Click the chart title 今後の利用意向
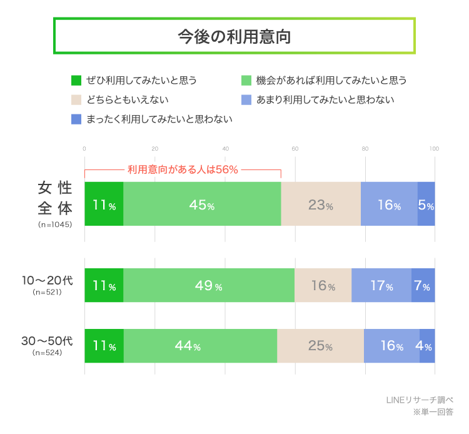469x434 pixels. (234, 36)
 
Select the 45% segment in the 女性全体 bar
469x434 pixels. (202, 204)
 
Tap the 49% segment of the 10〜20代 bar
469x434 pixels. (209, 286)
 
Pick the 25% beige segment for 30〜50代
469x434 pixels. (320, 346)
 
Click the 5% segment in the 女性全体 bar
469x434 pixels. (426, 204)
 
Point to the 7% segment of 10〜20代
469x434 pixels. (423, 286)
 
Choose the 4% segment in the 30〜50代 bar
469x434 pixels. (427, 346)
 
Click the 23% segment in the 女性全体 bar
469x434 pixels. (321, 204)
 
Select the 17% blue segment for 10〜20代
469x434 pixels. (381, 286)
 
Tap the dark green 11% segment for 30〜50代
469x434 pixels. (104, 346)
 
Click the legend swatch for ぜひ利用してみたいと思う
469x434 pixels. (76, 80)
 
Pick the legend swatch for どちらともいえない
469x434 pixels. (76, 99)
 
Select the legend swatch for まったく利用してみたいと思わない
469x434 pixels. (76, 119)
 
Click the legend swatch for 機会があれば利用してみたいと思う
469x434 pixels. (246, 80)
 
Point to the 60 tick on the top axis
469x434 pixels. (295, 149)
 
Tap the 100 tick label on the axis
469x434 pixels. (434, 149)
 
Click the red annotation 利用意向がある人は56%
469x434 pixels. (183, 169)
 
